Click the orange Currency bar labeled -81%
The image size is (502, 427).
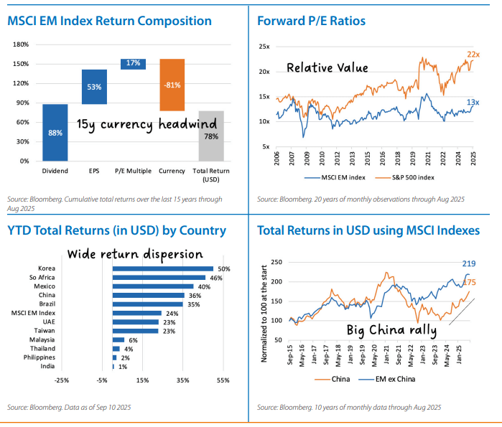tap(172, 85)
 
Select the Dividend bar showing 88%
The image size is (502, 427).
tap(55, 132)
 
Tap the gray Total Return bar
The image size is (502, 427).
tap(211, 136)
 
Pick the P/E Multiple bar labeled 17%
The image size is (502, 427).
tap(133, 64)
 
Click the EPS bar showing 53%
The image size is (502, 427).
tap(94, 87)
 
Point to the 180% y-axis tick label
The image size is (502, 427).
tap(21, 44)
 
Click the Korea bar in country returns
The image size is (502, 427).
tap(162, 269)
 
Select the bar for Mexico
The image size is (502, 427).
tap(152, 286)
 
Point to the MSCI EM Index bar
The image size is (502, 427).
tap(136, 313)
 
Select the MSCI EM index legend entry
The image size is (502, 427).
tap(335, 177)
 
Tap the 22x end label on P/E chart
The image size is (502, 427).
tap(473, 54)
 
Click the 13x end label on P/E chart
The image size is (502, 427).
tap(473, 103)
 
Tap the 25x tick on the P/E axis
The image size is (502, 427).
tap(264, 47)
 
